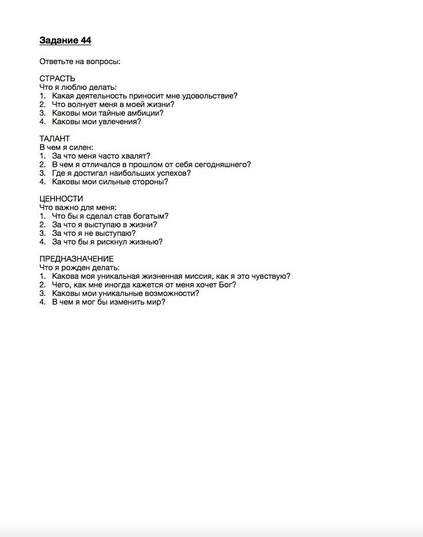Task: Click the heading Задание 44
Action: click(x=65, y=41)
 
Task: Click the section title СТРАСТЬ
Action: click(x=57, y=78)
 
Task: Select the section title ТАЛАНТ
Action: click(x=54, y=139)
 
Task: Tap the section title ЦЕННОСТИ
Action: click(x=61, y=199)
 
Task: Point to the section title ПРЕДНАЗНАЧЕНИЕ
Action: click(x=76, y=259)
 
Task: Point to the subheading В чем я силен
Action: click(x=66, y=147)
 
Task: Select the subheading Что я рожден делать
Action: click(x=79, y=267)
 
